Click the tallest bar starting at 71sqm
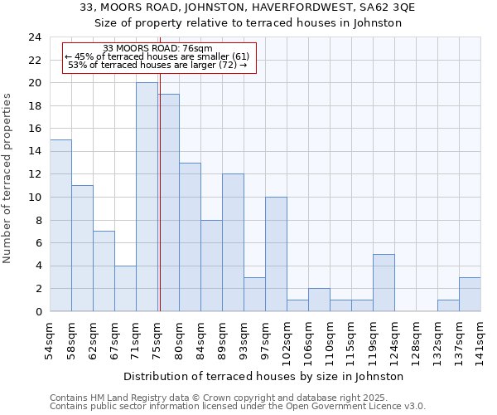click(147, 197)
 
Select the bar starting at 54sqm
click(60, 225)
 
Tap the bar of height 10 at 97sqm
click(276, 254)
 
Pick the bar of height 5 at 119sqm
click(384, 282)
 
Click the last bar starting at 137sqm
click(470, 294)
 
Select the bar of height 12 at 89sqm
click(233, 242)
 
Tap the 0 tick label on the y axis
click(37, 312)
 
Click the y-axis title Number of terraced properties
click(8, 178)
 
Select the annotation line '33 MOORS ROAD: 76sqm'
click(157, 49)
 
